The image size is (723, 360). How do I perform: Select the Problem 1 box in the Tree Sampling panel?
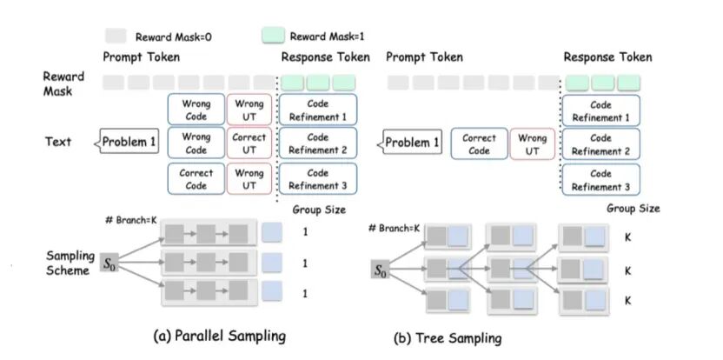click(413, 142)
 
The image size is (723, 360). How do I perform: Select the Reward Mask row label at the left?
click(63, 83)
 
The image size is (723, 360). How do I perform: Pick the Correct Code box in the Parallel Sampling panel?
click(196, 179)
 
